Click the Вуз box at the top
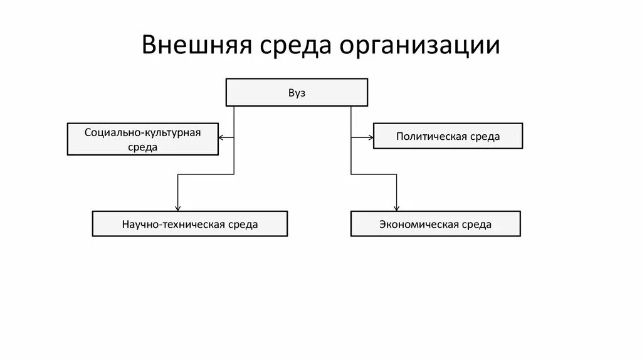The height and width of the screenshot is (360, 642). [296, 92]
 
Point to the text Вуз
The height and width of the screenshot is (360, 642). [296, 92]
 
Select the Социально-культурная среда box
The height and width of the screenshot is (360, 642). [142, 139]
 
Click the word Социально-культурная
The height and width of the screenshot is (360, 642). [142, 132]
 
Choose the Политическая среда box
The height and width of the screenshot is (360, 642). [448, 136]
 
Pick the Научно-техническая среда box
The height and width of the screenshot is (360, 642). [190, 224]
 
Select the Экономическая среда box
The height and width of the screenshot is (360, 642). [435, 224]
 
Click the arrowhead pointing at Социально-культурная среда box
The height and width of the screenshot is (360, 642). [221, 137]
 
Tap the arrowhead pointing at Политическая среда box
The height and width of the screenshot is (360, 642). [371, 136]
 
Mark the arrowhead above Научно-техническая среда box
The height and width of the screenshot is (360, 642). [178, 208]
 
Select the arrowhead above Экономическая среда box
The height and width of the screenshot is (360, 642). [396, 208]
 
